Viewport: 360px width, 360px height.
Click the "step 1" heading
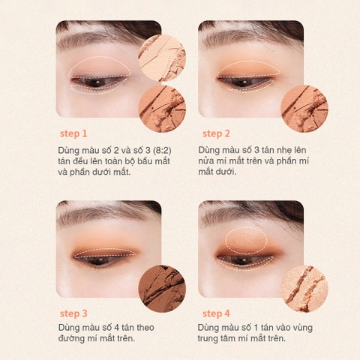tap(73, 133)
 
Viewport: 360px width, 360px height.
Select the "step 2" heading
tap(216, 133)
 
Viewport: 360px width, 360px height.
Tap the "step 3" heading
tap(73, 313)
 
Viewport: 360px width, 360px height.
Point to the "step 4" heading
tap(216, 313)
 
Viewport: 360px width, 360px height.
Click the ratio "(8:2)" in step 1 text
tap(168, 150)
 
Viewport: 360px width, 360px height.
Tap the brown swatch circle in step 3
tap(162, 286)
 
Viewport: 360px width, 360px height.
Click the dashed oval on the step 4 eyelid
tap(246, 238)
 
